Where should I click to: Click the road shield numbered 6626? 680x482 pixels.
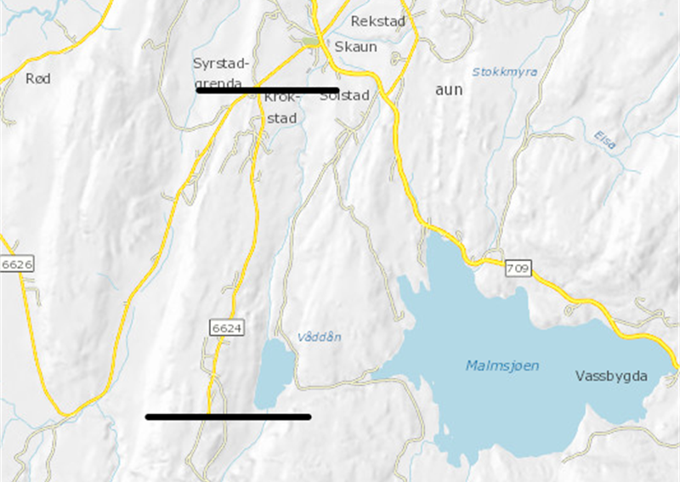(x=16, y=265)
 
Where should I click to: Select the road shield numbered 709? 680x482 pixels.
(x=518, y=269)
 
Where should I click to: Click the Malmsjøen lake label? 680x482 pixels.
(x=502, y=366)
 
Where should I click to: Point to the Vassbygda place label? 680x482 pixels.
(x=611, y=375)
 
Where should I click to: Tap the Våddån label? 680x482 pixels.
(x=320, y=337)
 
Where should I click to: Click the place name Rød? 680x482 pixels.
(x=38, y=78)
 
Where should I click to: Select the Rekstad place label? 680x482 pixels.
(x=377, y=20)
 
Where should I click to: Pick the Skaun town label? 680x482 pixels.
(x=355, y=47)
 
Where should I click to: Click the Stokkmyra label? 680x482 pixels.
(x=505, y=72)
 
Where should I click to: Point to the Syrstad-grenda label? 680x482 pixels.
(x=220, y=72)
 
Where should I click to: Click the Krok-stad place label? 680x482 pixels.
(x=282, y=108)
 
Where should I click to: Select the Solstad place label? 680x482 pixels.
(x=345, y=96)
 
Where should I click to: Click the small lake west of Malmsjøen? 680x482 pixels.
(x=274, y=372)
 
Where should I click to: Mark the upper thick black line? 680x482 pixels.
(x=268, y=89)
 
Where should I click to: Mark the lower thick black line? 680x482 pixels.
(x=228, y=417)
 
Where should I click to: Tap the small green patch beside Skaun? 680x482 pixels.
(x=311, y=41)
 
